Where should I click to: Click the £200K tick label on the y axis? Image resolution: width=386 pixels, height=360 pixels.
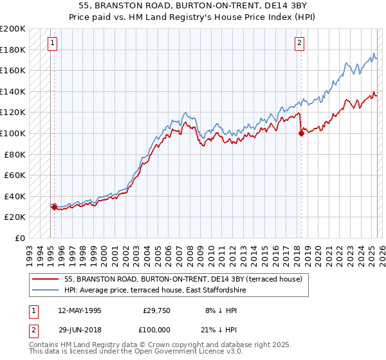point(13,29)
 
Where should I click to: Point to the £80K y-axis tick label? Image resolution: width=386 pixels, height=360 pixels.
point(15,154)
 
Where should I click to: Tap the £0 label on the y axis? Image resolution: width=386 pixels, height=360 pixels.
point(21,238)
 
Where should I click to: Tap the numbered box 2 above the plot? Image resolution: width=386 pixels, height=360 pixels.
point(300,44)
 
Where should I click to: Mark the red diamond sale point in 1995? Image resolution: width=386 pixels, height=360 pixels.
point(54,207)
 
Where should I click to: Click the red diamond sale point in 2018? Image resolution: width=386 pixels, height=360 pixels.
point(300,133)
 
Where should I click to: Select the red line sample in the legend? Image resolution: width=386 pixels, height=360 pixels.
point(45,279)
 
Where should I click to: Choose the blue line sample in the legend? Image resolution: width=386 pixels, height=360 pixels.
point(45,290)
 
